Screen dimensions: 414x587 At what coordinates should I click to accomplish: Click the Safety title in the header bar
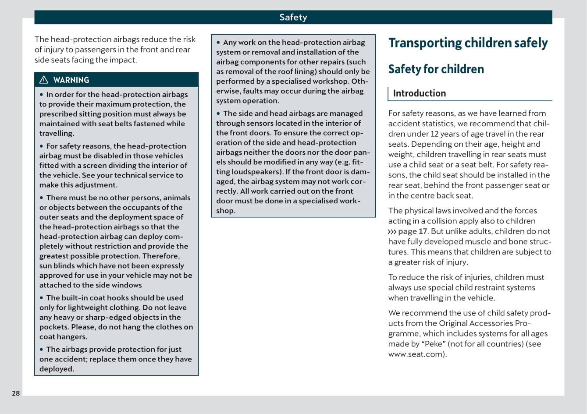pyautogui.click(x=293, y=17)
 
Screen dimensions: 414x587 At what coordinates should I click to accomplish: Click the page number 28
pyautogui.click(x=16, y=393)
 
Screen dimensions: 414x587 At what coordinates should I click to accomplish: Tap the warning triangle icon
pyautogui.click(x=44, y=80)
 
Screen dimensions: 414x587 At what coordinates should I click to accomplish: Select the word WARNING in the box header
pyautogui.click(x=71, y=80)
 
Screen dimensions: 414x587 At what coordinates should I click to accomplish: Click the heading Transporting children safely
pyautogui.click(x=468, y=43)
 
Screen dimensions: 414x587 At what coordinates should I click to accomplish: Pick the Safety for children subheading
pyautogui.click(x=436, y=69)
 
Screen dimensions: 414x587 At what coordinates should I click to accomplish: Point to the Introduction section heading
pyautogui.click(x=419, y=93)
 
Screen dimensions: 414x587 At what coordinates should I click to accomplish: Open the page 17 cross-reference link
pyautogui.click(x=413, y=231)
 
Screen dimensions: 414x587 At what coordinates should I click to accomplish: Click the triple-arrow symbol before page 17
pyautogui.click(x=392, y=231)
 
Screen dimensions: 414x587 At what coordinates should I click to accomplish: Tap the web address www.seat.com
pyautogui.click(x=416, y=354)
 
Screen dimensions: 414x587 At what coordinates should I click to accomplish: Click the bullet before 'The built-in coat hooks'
pyautogui.click(x=42, y=298)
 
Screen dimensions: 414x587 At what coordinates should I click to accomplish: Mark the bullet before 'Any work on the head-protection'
pyautogui.click(x=218, y=42)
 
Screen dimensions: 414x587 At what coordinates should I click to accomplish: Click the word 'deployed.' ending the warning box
pyautogui.click(x=57, y=369)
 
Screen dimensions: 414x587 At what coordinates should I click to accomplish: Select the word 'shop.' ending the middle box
pyautogui.click(x=225, y=211)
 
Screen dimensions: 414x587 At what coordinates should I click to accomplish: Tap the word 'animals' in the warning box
pyautogui.click(x=177, y=198)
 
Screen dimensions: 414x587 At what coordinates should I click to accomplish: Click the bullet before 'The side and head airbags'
pyautogui.click(x=218, y=113)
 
